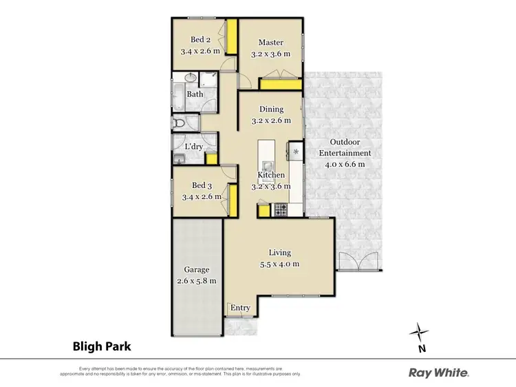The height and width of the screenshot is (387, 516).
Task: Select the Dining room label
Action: (x=271, y=109)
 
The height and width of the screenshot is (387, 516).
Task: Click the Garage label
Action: (x=196, y=270)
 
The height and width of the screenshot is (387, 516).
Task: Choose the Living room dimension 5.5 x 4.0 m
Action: (x=280, y=264)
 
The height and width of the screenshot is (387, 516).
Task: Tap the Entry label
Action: (x=240, y=308)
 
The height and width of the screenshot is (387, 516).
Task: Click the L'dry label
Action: (x=193, y=146)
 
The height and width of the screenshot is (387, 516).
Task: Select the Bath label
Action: (x=195, y=94)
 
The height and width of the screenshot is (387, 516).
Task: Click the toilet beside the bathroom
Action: (x=180, y=124)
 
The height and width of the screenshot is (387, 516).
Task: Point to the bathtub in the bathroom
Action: (x=176, y=96)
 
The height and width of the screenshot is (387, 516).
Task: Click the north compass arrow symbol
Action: (x=417, y=333)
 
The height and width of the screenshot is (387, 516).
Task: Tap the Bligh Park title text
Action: (x=101, y=346)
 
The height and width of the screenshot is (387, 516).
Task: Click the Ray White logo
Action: (x=439, y=373)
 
